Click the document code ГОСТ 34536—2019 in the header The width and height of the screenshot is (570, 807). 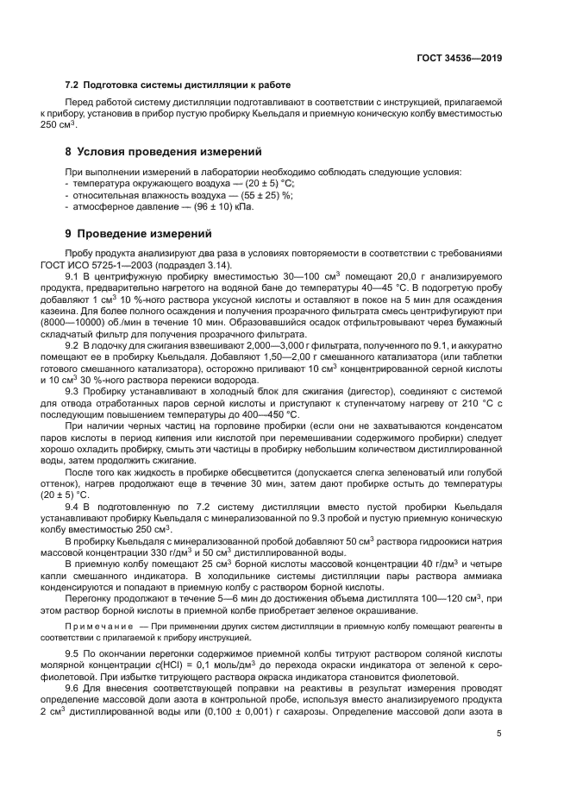460,59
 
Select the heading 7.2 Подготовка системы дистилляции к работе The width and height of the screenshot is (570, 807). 178,85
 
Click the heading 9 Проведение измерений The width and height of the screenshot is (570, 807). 138,234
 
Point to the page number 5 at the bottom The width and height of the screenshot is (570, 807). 498,734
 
